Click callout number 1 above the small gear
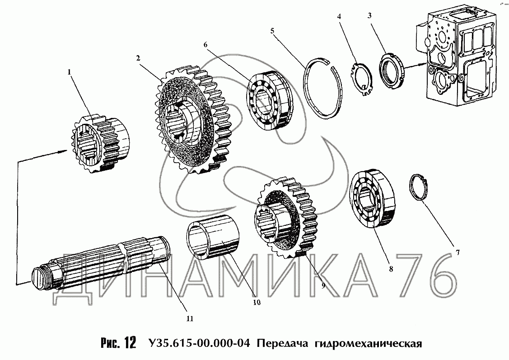(69, 72)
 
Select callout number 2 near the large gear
(138, 58)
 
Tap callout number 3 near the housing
(370, 15)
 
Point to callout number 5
(272, 31)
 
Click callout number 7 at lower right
(458, 252)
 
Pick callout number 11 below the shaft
(190, 318)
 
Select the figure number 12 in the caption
(131, 343)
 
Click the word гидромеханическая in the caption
(369, 343)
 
